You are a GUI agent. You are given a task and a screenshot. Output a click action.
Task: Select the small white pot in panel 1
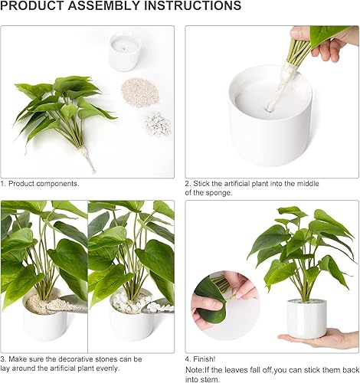coord(124,51)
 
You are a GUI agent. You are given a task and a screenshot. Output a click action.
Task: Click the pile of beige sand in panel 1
coord(139,91)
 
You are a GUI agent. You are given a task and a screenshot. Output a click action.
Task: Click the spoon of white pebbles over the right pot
coord(153,307)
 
